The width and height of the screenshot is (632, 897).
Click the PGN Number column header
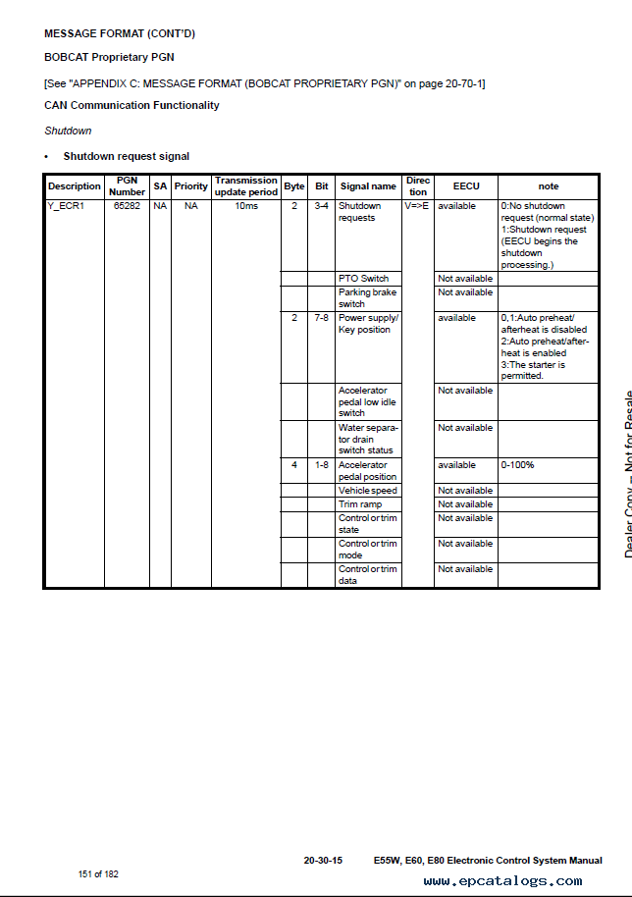click(127, 186)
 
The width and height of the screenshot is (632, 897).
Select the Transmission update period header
click(246, 186)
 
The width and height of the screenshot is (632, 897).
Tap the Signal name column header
click(368, 186)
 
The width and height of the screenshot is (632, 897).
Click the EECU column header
click(466, 186)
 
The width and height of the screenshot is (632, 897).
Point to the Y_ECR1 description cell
click(67, 206)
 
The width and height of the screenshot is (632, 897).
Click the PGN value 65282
click(127, 206)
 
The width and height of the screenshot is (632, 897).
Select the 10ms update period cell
click(246, 206)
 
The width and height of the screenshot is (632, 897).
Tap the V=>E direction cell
click(417, 206)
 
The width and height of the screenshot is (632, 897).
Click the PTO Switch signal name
click(363, 279)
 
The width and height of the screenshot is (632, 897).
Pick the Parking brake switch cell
click(367, 298)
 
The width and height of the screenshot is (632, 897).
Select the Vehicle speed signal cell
click(368, 491)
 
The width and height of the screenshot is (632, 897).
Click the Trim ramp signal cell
click(360, 504)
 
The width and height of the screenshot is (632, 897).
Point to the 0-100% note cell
click(518, 465)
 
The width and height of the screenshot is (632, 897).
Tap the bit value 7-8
click(322, 318)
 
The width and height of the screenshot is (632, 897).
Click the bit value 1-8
click(322, 465)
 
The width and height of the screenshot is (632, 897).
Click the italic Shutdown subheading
click(68, 131)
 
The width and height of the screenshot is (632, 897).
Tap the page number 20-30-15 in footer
click(323, 861)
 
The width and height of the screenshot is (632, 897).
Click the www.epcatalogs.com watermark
click(502, 881)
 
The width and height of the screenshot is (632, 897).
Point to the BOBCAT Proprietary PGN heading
click(109, 58)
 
